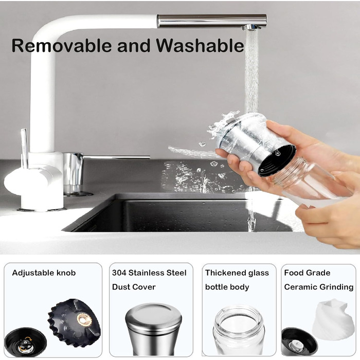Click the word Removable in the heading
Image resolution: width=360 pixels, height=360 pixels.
pyautogui.click(x=62, y=45)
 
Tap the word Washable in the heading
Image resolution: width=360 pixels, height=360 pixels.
pyautogui.click(x=200, y=45)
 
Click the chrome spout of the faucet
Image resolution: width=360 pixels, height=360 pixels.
pyautogui.click(x=212, y=21)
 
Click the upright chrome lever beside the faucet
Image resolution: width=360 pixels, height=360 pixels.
pyautogui.click(x=24, y=149)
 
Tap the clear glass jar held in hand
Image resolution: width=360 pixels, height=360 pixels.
pyautogui.click(x=308, y=182)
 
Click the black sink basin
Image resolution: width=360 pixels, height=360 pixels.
pyautogui.click(x=179, y=213)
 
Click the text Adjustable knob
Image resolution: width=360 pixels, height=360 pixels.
pyautogui.click(x=44, y=273)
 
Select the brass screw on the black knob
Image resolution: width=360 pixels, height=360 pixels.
pyautogui.click(x=84, y=319)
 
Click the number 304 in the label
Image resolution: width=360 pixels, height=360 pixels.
pyautogui.click(x=119, y=273)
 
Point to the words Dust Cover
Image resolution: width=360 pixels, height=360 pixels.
pyautogui.click(x=134, y=287)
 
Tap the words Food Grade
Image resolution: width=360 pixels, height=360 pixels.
pyautogui.click(x=307, y=273)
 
